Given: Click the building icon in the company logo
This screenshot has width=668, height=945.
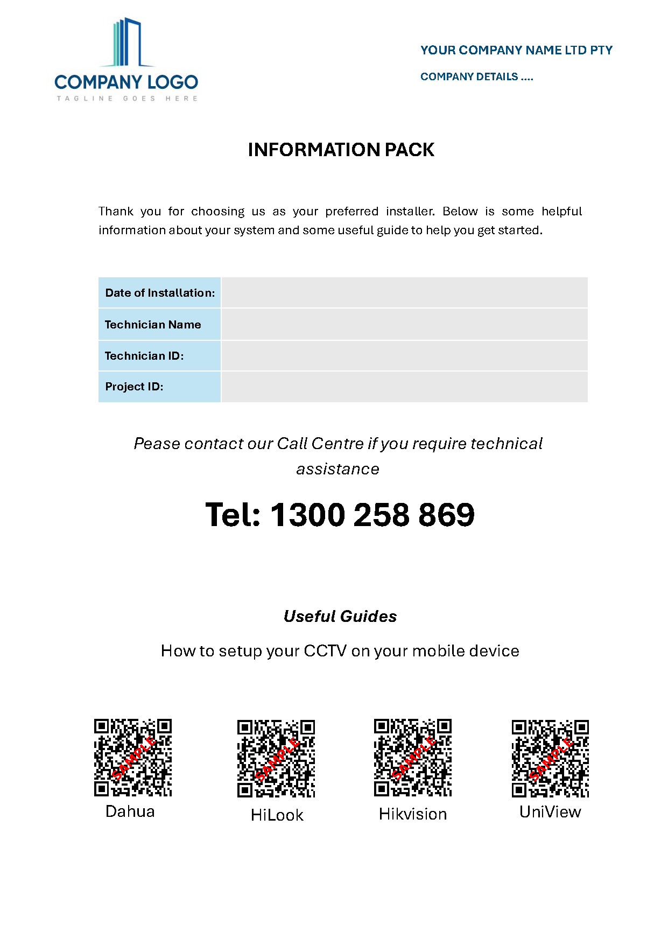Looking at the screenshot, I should pyautogui.click(x=127, y=43).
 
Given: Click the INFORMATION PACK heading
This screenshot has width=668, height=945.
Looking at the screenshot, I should pyautogui.click(x=341, y=150).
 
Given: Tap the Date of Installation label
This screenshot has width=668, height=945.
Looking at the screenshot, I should pyautogui.click(x=160, y=293).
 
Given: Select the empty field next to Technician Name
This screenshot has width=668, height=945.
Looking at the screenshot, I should pyautogui.click(x=404, y=324).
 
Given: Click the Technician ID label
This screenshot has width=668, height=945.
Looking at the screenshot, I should pyautogui.click(x=144, y=356).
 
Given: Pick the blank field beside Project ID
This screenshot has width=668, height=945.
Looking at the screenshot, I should pyautogui.click(x=404, y=387).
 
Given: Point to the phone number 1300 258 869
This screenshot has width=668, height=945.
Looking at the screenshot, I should pyautogui.click(x=372, y=515).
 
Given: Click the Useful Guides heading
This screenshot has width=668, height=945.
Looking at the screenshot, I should pyautogui.click(x=340, y=617).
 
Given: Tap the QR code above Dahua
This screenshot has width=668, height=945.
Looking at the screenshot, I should pyautogui.click(x=133, y=757).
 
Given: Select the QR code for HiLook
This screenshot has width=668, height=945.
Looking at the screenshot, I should pyautogui.click(x=276, y=758).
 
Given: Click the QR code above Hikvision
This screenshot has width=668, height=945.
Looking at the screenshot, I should pyautogui.click(x=413, y=757).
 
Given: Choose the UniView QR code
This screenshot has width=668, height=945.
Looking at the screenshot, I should pyautogui.click(x=550, y=758).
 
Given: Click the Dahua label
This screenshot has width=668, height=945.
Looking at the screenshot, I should pyautogui.click(x=130, y=811).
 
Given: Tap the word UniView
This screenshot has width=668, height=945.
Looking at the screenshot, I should pyautogui.click(x=550, y=812).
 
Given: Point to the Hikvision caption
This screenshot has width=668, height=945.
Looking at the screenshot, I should pyautogui.click(x=413, y=814).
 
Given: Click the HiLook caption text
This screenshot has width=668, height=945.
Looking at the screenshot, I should pyautogui.click(x=277, y=815).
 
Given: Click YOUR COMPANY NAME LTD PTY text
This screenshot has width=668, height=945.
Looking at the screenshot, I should pyautogui.click(x=516, y=50).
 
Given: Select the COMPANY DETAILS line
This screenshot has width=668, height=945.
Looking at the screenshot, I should pyautogui.click(x=477, y=76).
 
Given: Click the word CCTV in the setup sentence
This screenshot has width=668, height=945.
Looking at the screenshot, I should pyautogui.click(x=325, y=651).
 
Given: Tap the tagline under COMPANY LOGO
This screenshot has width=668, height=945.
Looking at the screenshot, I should pyautogui.click(x=127, y=99).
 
